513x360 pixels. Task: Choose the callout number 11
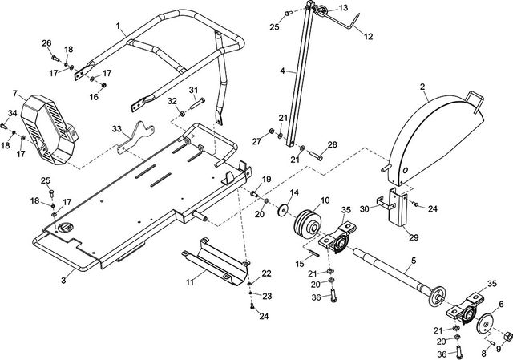pos(190,282)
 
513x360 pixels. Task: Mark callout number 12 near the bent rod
pos(369,37)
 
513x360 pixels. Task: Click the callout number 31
pos(193,90)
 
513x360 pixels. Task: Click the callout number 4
pos(282,71)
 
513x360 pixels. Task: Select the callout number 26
pos(46,42)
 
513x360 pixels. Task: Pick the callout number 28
pos(332,145)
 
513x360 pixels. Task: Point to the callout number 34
pos(12,113)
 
